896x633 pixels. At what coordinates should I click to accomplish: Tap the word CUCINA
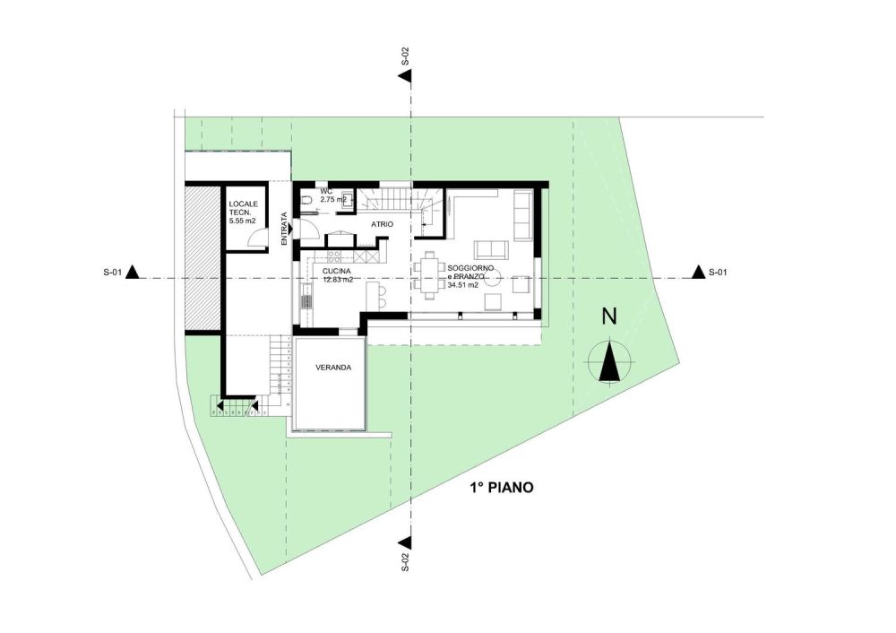(x=337, y=271)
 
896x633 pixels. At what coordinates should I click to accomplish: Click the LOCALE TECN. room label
(x=241, y=208)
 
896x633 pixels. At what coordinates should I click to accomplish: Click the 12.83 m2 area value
(x=338, y=280)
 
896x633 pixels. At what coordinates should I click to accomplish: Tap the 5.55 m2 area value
(x=243, y=220)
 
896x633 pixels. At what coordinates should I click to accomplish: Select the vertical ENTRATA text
(x=284, y=228)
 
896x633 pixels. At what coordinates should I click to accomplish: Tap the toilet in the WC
(x=306, y=200)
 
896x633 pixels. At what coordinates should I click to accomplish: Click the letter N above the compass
(x=609, y=316)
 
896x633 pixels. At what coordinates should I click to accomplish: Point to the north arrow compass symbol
(x=609, y=362)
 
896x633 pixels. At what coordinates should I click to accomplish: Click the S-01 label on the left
(x=111, y=272)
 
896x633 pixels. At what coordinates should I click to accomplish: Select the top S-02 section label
(x=405, y=57)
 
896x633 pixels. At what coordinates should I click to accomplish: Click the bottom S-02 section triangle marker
(x=405, y=542)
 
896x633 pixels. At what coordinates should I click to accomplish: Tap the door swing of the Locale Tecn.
(x=258, y=238)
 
